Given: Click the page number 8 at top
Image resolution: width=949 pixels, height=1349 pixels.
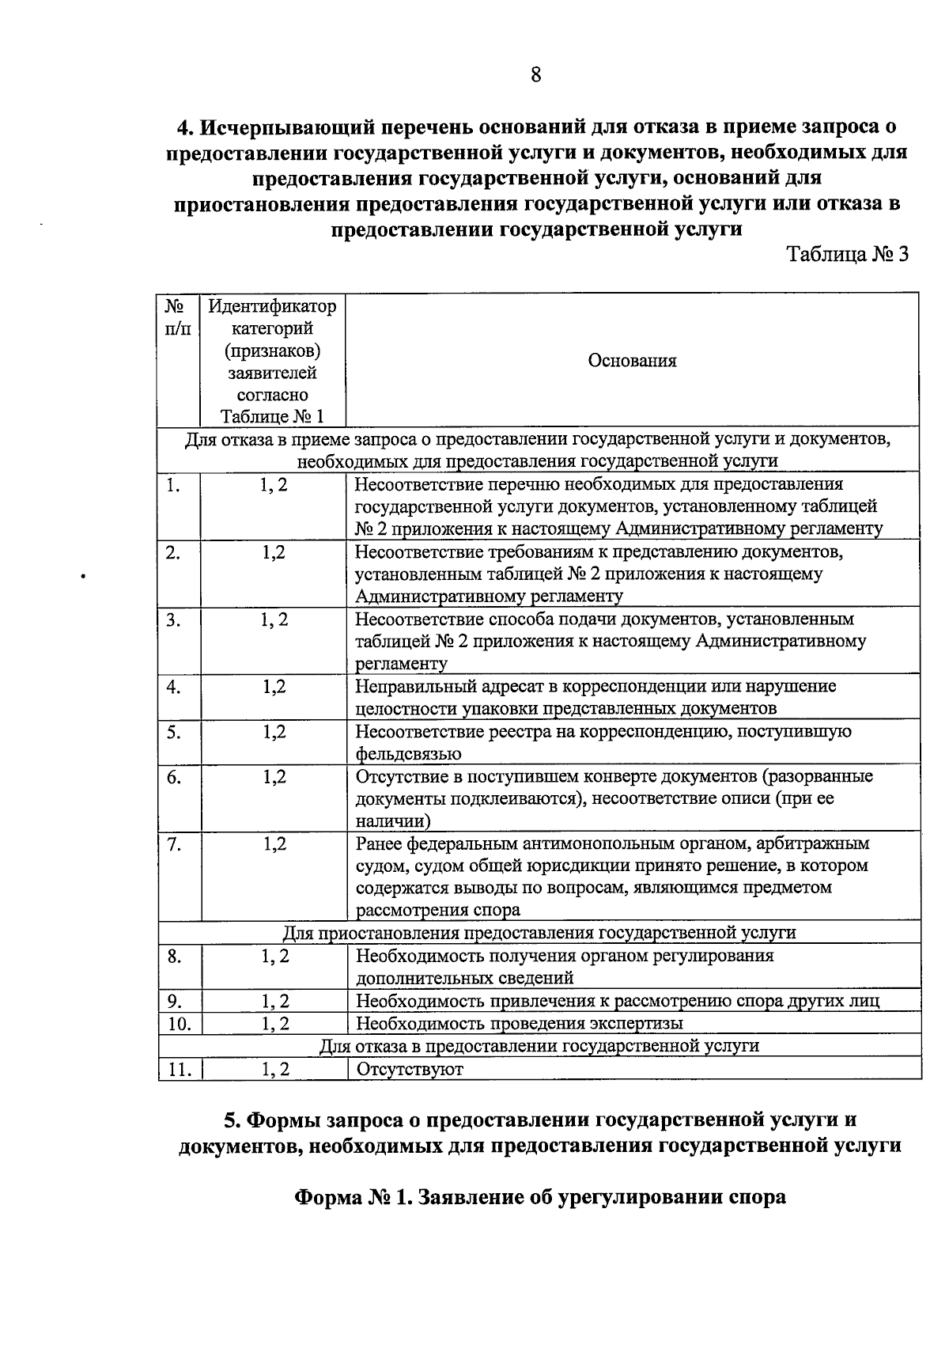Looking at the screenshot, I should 535,76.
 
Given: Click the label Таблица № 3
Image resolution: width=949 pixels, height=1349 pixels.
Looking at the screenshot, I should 847,255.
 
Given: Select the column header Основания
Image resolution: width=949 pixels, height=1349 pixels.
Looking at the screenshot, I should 632,361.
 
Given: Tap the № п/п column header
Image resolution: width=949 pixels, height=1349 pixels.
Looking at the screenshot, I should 178,316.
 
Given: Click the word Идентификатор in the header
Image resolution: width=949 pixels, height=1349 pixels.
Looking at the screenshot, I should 272,306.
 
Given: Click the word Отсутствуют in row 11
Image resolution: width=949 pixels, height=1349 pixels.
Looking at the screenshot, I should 410,1069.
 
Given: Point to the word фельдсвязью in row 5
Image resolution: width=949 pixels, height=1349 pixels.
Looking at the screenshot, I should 409,754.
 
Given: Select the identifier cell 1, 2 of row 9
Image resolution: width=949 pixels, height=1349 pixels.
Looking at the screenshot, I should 274,1001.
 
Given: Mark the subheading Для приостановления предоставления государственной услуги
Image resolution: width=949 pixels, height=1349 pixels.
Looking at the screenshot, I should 539,933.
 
